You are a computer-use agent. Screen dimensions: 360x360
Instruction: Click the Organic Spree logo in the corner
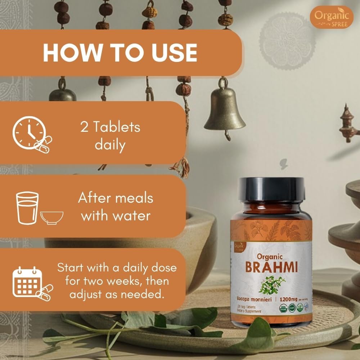pyautogui.click(x=332, y=17)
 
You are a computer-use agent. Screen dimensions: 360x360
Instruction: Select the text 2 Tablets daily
pyautogui.click(x=110, y=136)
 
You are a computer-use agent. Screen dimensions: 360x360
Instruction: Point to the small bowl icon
pyautogui.click(x=52, y=217)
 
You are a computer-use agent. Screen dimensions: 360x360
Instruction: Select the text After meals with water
pyautogui.click(x=116, y=207)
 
